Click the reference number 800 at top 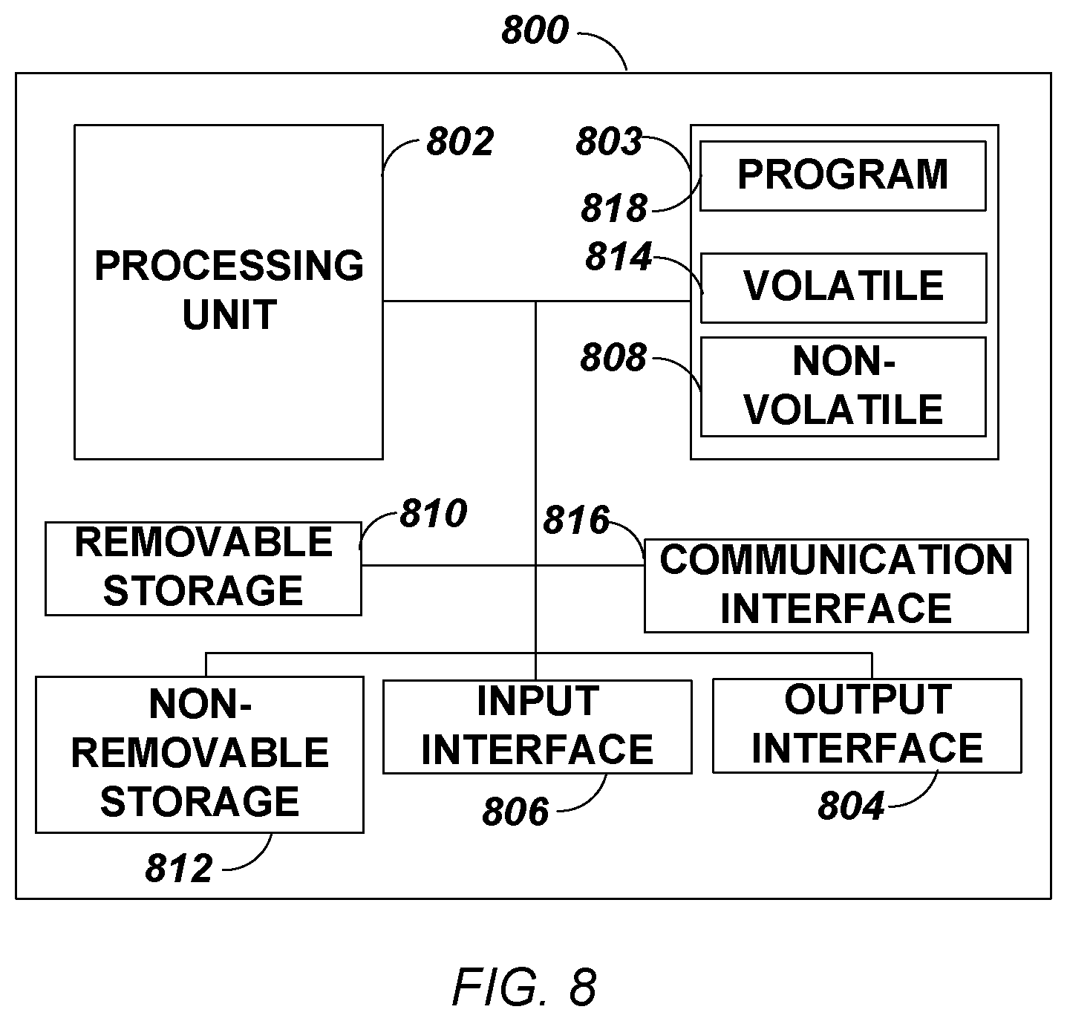[x=535, y=30]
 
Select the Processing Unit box [x=229, y=292]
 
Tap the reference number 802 [x=460, y=142]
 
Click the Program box [x=843, y=176]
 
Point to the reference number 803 [x=609, y=142]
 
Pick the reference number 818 [x=614, y=209]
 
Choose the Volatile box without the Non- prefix [x=844, y=288]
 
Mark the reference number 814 [x=619, y=257]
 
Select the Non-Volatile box [x=844, y=387]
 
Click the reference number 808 [x=613, y=357]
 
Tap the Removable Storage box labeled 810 [x=203, y=569]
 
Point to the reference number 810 [x=433, y=514]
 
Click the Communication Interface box [x=836, y=586]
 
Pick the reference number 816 [x=576, y=520]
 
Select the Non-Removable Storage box [x=200, y=754]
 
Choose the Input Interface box [x=538, y=726]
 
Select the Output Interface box [x=867, y=725]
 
